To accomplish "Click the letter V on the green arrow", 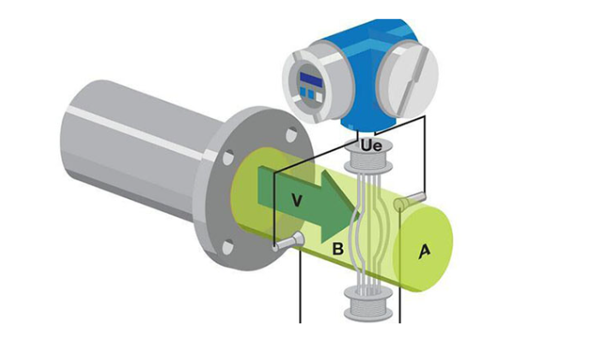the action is click(296, 200).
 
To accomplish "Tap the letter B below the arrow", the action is click(338, 249).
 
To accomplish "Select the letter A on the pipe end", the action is click(424, 251).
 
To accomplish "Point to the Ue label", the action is click(371, 146).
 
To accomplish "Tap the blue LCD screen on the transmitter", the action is click(311, 78).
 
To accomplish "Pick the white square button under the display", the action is click(319, 97).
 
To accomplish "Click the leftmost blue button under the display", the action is click(303, 91).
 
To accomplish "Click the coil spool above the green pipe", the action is click(368, 156).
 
